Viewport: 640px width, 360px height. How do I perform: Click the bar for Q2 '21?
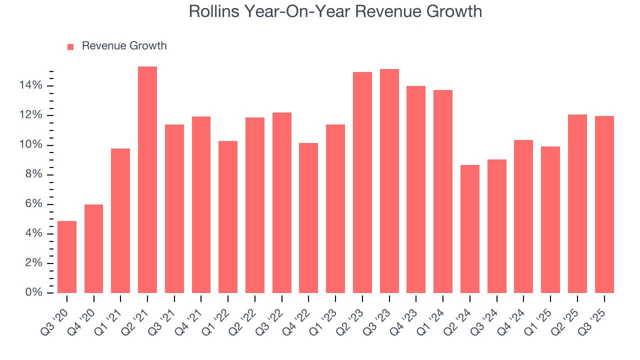click(147, 179)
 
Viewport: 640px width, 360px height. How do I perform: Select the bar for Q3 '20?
click(67, 257)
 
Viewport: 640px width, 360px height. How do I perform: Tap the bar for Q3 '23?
click(389, 181)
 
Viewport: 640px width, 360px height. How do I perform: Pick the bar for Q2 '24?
click(469, 229)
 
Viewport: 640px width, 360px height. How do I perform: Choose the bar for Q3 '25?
click(604, 204)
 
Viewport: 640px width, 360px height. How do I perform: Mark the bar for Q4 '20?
click(94, 248)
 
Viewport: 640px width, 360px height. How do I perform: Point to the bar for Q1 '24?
click(442, 191)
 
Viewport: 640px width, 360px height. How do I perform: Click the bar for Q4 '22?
click(308, 218)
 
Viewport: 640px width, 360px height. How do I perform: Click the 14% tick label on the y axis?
click(31, 86)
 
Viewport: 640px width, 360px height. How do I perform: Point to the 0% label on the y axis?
click(34, 293)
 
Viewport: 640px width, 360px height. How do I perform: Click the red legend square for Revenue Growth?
click(70, 47)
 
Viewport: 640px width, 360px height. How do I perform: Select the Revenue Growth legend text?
click(124, 46)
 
